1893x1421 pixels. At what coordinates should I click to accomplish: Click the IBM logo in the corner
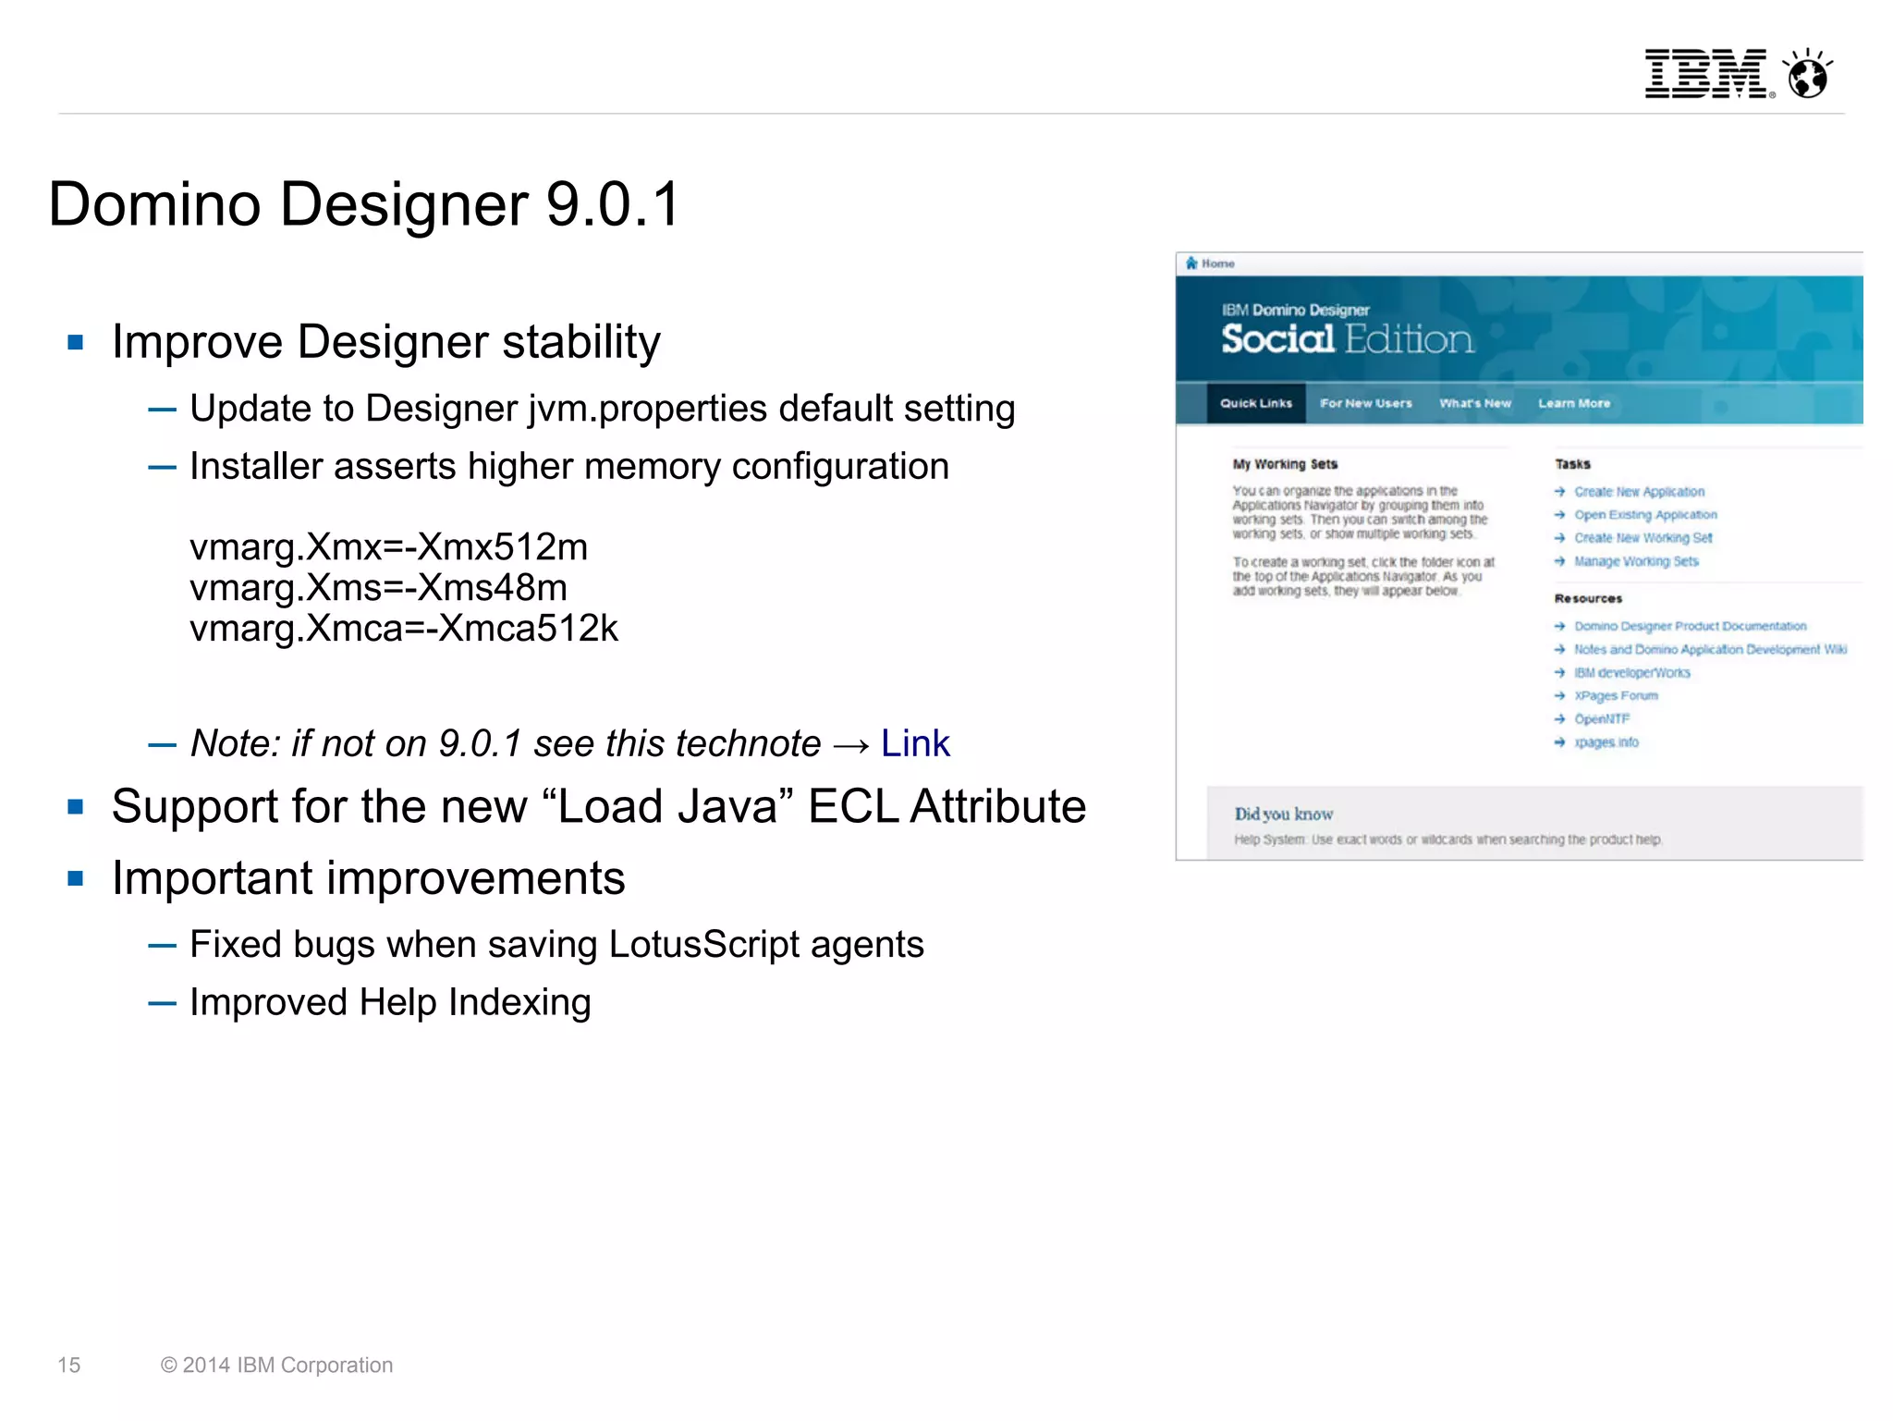[1705, 73]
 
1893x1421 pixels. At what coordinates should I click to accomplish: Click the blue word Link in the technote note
[914, 743]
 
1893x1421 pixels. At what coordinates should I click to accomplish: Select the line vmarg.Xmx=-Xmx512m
[388, 547]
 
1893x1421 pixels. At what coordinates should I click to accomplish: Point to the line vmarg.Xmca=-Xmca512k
[403, 629]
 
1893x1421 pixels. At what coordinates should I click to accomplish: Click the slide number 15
[69, 1365]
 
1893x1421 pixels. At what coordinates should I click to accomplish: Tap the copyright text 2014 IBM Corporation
[276, 1365]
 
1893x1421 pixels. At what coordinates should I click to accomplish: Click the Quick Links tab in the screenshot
[1255, 403]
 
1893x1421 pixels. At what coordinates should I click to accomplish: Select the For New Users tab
[1365, 403]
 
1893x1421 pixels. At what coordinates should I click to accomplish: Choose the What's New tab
[1474, 403]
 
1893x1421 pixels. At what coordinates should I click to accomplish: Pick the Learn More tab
[1573, 403]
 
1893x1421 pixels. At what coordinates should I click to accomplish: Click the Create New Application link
[1639, 492]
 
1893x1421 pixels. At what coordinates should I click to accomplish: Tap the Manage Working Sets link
[1636, 561]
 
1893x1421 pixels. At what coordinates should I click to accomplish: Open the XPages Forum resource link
[1616, 695]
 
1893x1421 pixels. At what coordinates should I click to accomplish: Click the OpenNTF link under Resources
[1602, 718]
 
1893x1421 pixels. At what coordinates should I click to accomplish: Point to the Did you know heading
[1283, 814]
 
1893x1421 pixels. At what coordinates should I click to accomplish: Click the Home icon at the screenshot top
[1192, 263]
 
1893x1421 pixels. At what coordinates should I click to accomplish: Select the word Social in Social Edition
[1277, 339]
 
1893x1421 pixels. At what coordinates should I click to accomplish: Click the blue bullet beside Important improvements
[76, 878]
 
